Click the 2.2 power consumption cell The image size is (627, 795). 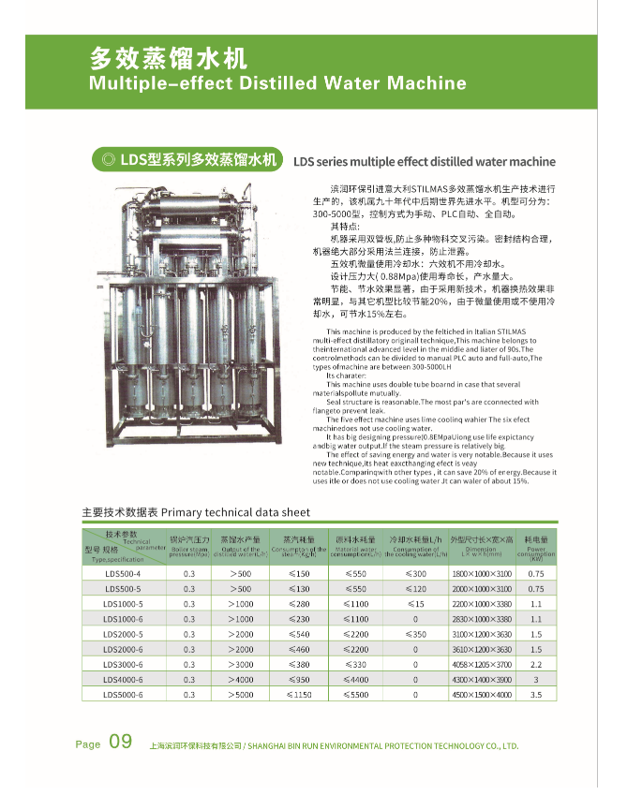pos(536,664)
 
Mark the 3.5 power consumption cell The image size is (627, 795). pos(536,694)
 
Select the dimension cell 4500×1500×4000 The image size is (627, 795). pos(482,694)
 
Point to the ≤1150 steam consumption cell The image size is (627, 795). pos(298,694)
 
